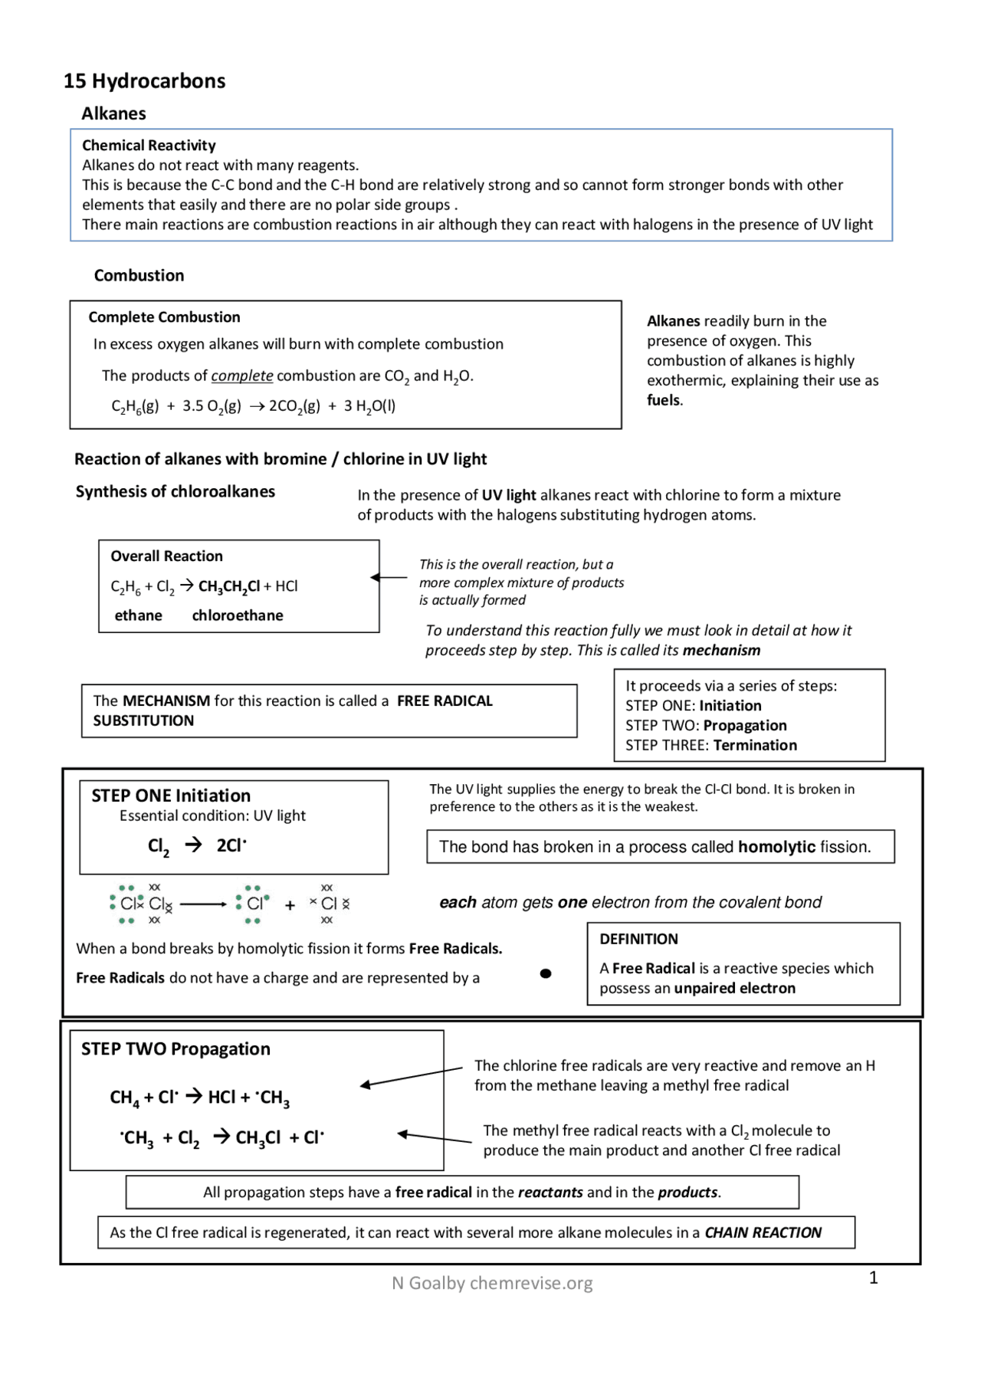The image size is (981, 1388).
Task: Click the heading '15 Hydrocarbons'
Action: (144, 81)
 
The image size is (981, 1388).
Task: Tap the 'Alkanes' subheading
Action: (113, 113)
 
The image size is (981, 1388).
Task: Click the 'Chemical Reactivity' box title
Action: (149, 145)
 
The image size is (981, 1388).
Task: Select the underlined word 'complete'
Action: (241, 376)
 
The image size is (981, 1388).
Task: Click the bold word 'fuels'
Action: (664, 400)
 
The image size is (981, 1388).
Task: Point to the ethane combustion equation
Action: (253, 406)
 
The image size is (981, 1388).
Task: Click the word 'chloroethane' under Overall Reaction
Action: (237, 615)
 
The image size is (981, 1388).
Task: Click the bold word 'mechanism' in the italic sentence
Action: (721, 650)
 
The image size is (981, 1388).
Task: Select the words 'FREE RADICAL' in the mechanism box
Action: (445, 701)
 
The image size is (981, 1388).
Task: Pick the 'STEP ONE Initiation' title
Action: (171, 796)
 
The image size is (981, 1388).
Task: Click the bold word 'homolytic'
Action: (776, 847)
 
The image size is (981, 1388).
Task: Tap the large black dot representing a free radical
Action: (546, 973)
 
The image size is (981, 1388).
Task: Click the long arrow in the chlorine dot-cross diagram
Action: (204, 904)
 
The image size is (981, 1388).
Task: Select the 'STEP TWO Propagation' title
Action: (176, 1048)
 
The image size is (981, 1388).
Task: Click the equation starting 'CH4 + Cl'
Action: (199, 1098)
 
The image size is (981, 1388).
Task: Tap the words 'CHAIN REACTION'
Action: (763, 1232)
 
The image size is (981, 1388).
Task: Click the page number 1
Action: (873, 1278)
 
